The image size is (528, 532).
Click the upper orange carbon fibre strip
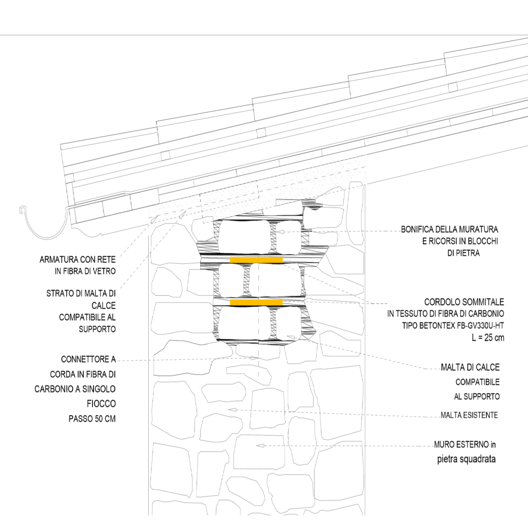click(x=256, y=260)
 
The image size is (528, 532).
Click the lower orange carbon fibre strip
click(x=256, y=302)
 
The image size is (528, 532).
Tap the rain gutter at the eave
click(x=43, y=226)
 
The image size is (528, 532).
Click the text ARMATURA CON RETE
click(x=78, y=259)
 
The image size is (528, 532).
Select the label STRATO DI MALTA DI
click(x=81, y=293)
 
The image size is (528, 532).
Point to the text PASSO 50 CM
click(x=92, y=419)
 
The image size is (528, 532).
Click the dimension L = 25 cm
click(x=487, y=338)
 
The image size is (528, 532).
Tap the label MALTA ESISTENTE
click(x=469, y=415)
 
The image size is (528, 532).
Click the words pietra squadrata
click(x=466, y=459)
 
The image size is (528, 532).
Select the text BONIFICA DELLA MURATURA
click(x=449, y=229)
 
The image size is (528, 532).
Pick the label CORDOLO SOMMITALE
click(x=464, y=302)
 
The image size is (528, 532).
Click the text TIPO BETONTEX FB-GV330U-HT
click(x=453, y=326)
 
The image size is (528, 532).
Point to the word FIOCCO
click(x=101, y=404)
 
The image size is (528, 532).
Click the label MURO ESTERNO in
click(x=465, y=444)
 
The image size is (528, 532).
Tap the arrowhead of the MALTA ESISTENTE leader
click(x=232, y=409)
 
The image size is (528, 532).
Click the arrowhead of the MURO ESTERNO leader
click(x=260, y=446)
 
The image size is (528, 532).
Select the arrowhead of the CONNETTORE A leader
click(x=254, y=358)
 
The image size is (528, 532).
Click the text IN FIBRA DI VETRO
click(x=85, y=271)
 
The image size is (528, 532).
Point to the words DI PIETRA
click(x=463, y=253)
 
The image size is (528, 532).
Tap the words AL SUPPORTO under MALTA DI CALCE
click(x=477, y=396)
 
